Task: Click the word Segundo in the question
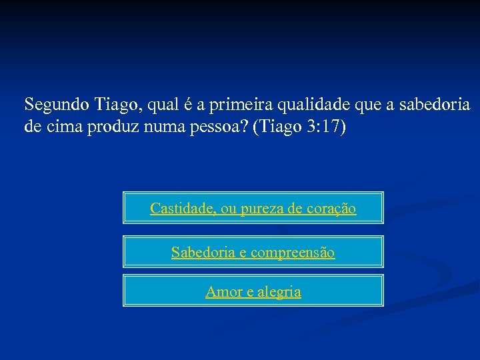[x=57, y=105]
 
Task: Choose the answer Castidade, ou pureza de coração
[x=253, y=208]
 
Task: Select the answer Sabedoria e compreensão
[x=253, y=252]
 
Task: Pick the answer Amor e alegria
[x=253, y=291]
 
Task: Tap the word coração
[x=331, y=209]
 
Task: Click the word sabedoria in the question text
[x=436, y=105]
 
